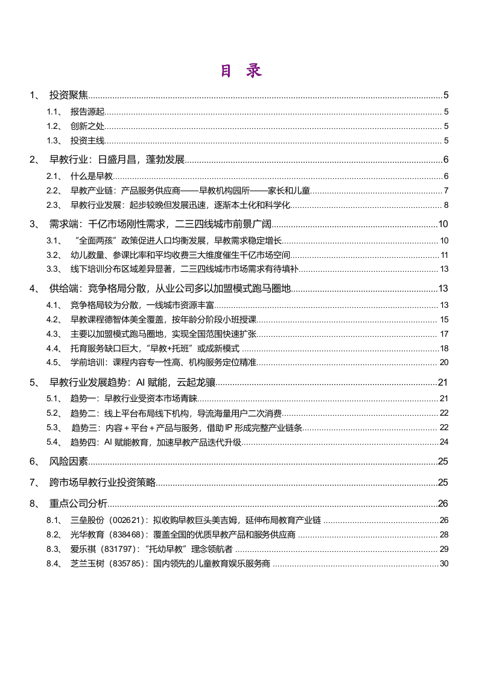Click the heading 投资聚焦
point(69,95)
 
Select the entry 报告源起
point(87,111)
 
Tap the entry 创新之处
point(87,126)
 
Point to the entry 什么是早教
point(92,176)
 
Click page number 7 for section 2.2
point(446,191)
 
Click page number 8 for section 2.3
point(446,205)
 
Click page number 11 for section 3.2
point(444,255)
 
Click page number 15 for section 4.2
point(444,319)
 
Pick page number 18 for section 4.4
point(444,348)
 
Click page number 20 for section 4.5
point(444,362)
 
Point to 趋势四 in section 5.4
point(83,442)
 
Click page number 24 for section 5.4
point(444,442)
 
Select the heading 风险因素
point(69,462)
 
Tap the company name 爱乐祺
point(83,549)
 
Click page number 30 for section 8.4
point(444,563)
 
